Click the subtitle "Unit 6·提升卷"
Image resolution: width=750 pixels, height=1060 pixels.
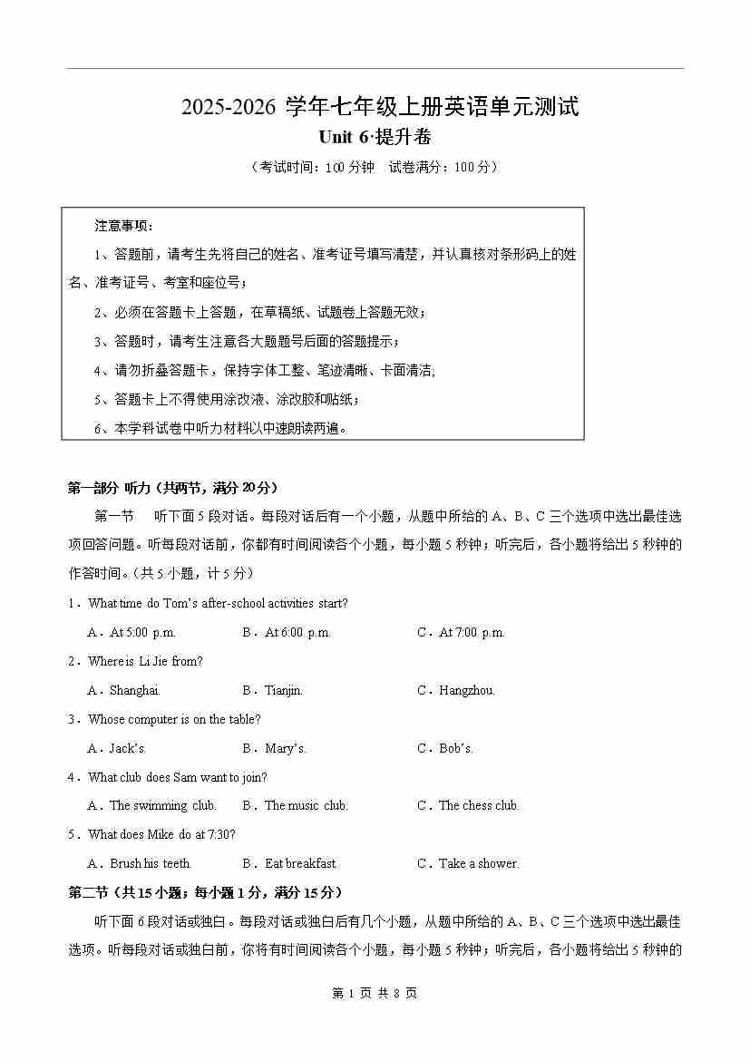coord(375,138)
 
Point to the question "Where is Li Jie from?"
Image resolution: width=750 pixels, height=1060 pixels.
coord(145,661)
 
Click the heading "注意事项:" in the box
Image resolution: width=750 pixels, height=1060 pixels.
coord(124,225)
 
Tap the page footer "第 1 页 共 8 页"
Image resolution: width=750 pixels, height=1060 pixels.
coord(375,993)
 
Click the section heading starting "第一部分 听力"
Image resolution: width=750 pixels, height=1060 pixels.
coord(173,488)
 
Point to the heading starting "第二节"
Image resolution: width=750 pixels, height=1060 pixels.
coord(206,892)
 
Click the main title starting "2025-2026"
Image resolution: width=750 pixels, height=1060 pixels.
coord(380,106)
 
